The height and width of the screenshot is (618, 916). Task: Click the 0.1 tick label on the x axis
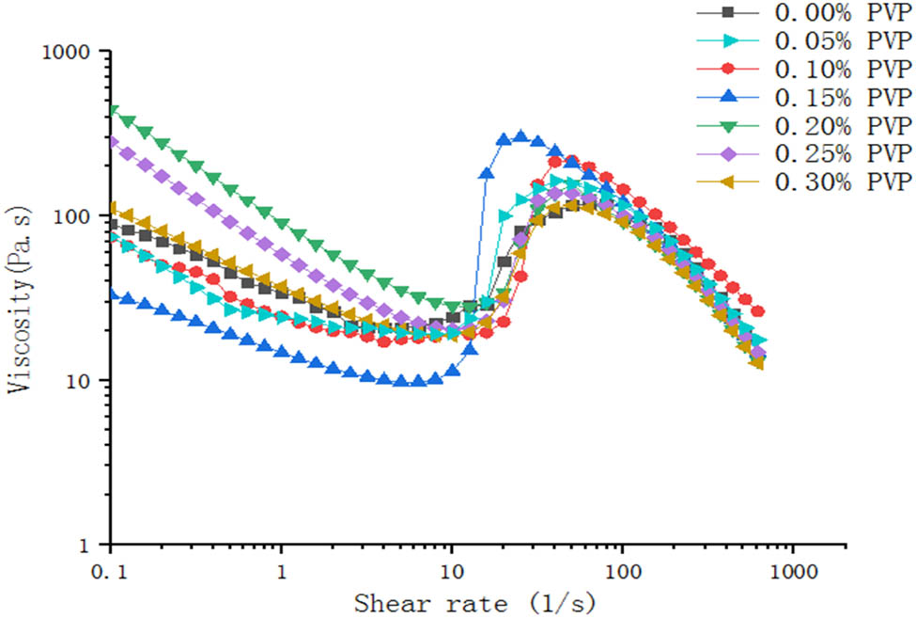[x=111, y=569]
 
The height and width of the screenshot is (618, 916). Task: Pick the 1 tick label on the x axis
[x=281, y=569]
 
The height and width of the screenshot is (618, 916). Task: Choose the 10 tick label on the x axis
[x=452, y=569]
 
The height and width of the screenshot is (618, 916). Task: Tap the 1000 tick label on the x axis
[x=792, y=569]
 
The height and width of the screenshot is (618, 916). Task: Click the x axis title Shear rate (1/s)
[x=474, y=600]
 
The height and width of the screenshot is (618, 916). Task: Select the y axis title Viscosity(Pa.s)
[x=19, y=296]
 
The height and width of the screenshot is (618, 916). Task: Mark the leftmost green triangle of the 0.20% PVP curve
[x=113, y=111]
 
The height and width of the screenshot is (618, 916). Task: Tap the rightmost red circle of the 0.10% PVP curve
[x=758, y=311]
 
